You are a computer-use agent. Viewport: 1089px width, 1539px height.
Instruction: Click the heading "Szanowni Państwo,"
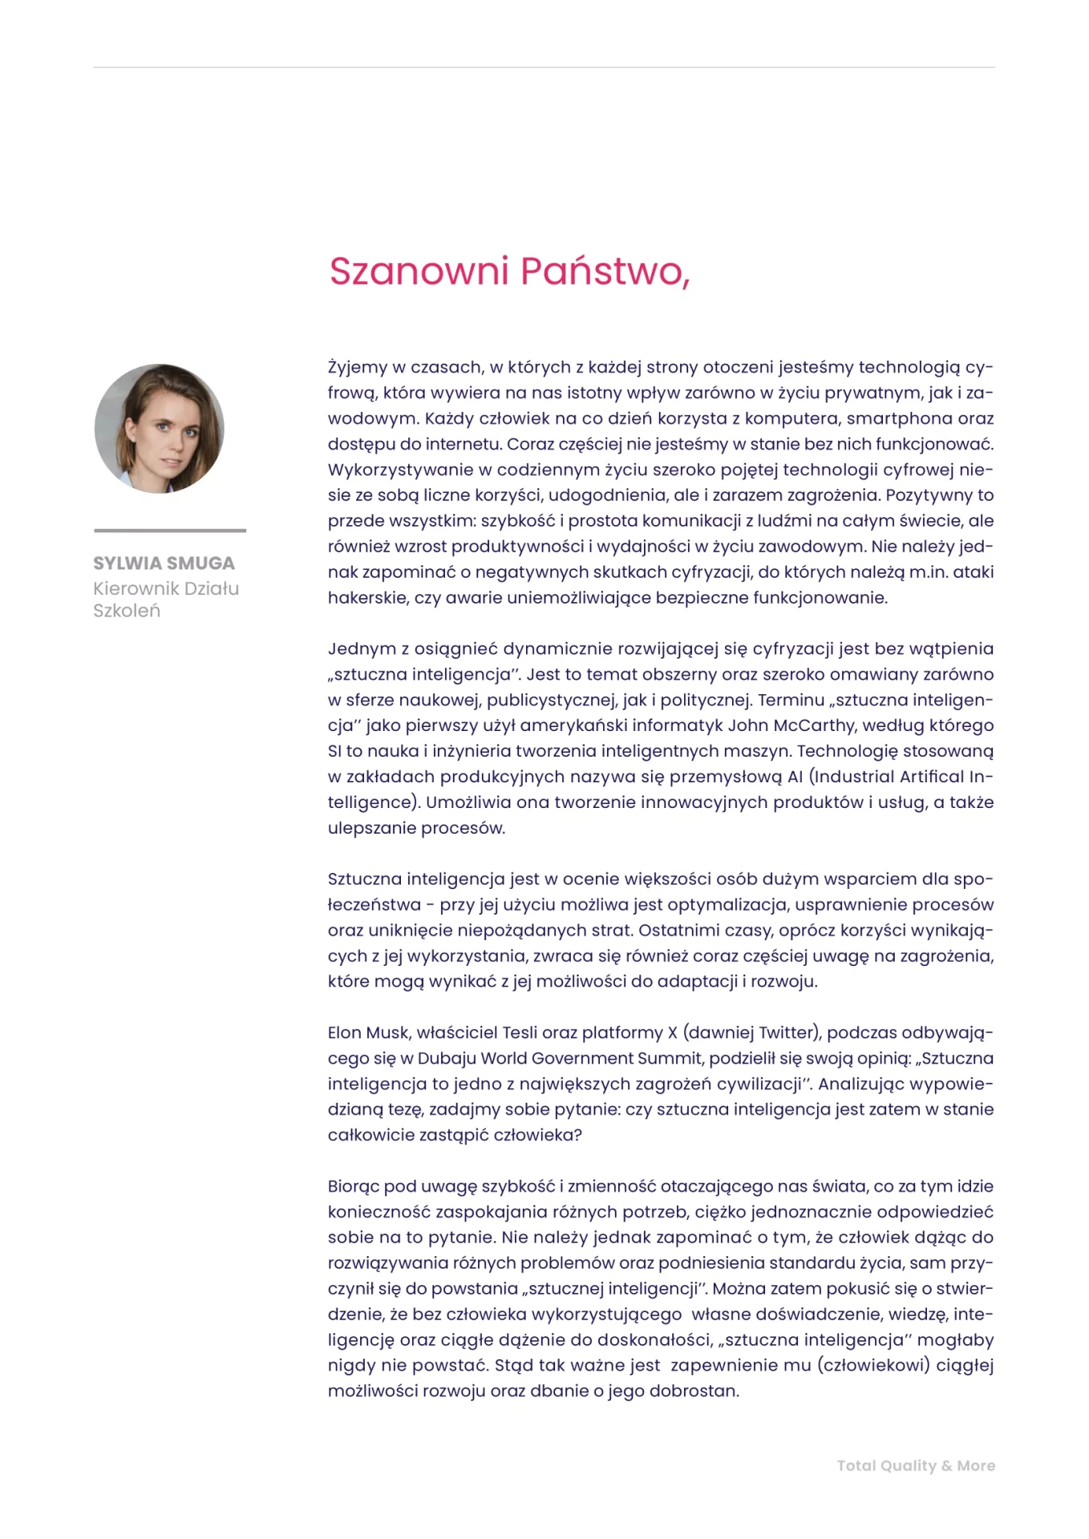pyautogui.click(x=509, y=271)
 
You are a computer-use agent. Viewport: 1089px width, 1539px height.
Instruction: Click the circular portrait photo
pyautogui.click(x=159, y=429)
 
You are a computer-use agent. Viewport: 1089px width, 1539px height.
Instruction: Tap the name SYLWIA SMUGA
pyautogui.click(x=164, y=563)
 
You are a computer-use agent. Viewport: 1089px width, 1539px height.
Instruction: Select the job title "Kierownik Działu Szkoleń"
pyautogui.click(x=166, y=600)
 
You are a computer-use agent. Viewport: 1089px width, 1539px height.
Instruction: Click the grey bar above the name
pyautogui.click(x=170, y=531)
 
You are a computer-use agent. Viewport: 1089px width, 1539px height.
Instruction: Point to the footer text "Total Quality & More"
pyautogui.click(x=916, y=1465)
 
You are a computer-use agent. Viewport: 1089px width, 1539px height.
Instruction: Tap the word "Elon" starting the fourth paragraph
pyautogui.click(x=346, y=1032)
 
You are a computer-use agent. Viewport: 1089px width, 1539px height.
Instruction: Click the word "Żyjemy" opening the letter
pyautogui.click(x=358, y=367)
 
